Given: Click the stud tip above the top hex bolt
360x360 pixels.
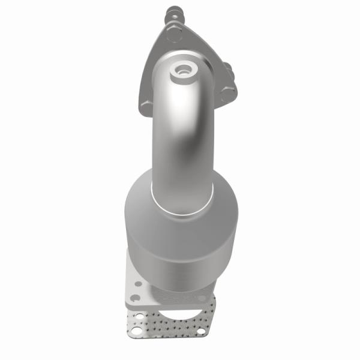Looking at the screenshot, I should [172, 10].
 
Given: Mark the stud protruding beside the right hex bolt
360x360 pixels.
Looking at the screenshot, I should [229, 65].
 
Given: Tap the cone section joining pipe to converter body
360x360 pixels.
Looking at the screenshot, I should [180, 192].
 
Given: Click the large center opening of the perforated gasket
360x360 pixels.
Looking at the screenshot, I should [180, 312].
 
